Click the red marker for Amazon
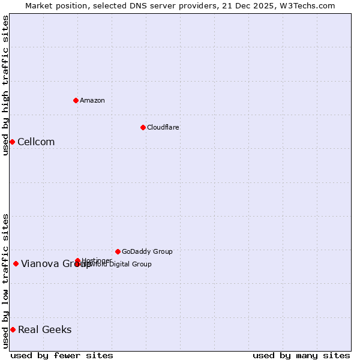(x=76, y=100)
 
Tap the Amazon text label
(x=92, y=100)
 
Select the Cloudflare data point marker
(x=143, y=127)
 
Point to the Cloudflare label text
(x=163, y=127)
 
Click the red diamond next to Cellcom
(x=12, y=142)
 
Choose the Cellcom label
(x=36, y=142)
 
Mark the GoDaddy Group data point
(x=118, y=251)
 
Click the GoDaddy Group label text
(x=147, y=251)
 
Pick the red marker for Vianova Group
(x=16, y=263)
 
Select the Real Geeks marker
(x=13, y=329)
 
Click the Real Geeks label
(x=45, y=330)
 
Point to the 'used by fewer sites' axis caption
(x=62, y=355)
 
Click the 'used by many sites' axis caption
(x=301, y=355)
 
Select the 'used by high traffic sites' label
(x=5, y=85)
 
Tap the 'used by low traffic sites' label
(x=5, y=281)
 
